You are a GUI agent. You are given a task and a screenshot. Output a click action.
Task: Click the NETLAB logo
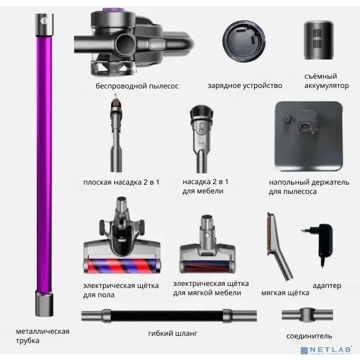pyautogui.click(x=326, y=350)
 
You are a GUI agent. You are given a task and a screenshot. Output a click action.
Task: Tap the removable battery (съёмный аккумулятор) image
pyautogui.click(x=318, y=40)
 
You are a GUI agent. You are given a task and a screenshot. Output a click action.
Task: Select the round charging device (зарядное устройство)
pyautogui.click(x=244, y=41)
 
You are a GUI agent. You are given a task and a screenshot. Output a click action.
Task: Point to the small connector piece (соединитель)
pyautogui.click(x=307, y=315)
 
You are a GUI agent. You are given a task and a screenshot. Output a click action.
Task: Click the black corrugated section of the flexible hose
pyautogui.click(x=167, y=316)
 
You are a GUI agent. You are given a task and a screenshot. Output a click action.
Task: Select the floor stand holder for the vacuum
pyautogui.click(x=309, y=136)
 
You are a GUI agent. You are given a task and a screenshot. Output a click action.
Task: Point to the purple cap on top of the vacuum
pyautogui.click(x=114, y=10)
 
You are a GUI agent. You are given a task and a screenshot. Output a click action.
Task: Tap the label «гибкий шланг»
pyautogui.click(x=173, y=333)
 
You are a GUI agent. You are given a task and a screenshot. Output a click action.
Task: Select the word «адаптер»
pyautogui.click(x=327, y=286)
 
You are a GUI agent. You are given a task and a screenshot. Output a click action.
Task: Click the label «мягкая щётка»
pyautogui.click(x=285, y=293)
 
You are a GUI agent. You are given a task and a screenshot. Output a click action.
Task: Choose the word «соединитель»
pyautogui.click(x=309, y=336)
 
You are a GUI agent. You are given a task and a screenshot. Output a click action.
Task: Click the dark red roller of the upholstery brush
pyautogui.click(x=207, y=266)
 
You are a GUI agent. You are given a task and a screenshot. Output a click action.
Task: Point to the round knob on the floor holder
pyautogui.click(x=287, y=119)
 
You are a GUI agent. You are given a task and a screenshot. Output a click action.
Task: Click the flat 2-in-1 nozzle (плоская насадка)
pyautogui.click(x=116, y=133)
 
